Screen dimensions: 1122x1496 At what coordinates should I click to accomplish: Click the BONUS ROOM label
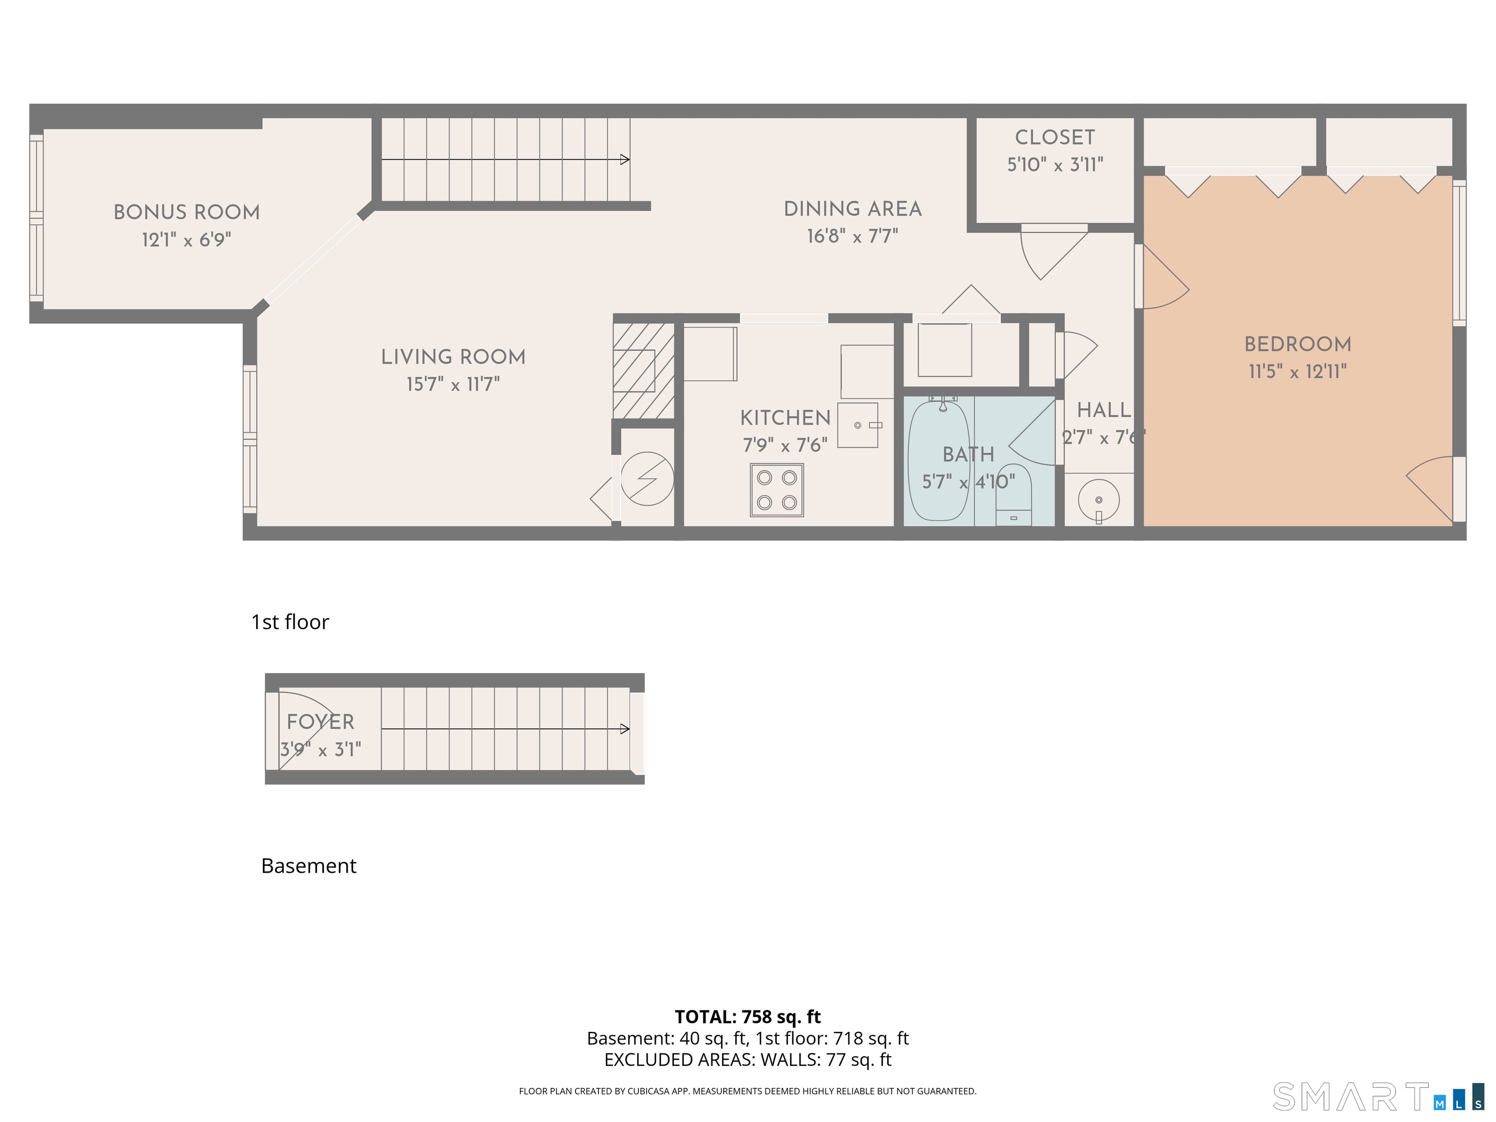[187, 212]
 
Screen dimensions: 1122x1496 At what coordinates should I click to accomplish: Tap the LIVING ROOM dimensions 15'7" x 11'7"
[452, 385]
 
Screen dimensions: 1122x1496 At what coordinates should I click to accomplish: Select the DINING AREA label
[852, 209]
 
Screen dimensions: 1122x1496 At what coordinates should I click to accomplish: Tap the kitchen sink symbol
[858, 426]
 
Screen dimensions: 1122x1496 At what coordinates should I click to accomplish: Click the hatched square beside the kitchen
[643, 371]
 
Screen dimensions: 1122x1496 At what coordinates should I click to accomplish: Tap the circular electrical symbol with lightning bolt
[647, 479]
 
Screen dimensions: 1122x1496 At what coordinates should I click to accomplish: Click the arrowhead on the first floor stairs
[625, 160]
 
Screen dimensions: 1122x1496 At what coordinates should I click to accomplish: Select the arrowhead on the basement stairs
[625, 729]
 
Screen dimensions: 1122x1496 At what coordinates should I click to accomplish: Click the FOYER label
[320, 722]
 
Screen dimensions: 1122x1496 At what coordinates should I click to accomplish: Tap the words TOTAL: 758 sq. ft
[748, 1016]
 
